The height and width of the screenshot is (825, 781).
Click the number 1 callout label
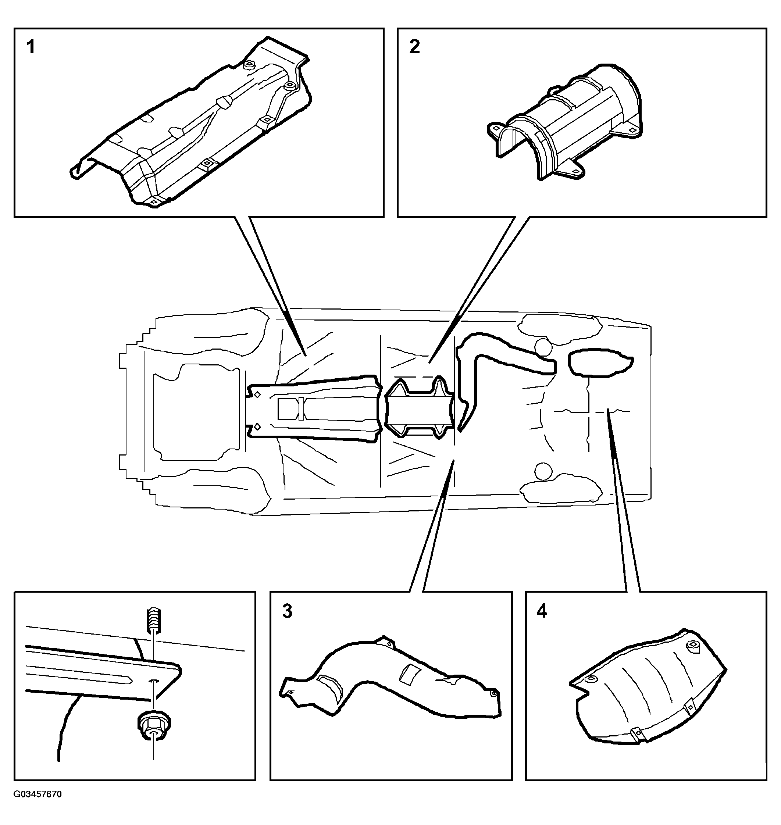point(31,47)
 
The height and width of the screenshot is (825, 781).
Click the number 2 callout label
point(415,47)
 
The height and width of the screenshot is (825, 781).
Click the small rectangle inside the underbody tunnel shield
point(288,409)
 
